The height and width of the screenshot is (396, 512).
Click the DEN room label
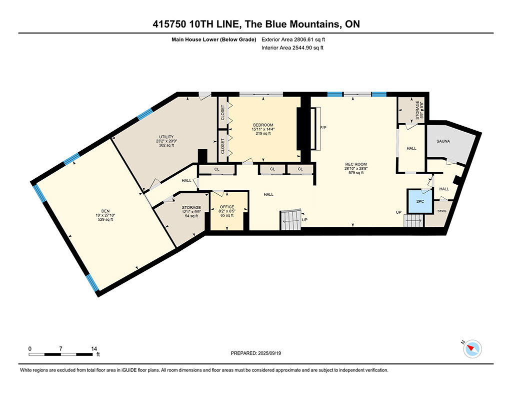click(105, 211)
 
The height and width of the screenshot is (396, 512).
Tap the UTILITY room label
click(166, 137)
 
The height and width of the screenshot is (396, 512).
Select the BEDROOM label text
click(263, 125)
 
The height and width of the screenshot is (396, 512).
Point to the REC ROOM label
click(356, 165)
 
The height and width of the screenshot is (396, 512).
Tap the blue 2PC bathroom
click(420, 201)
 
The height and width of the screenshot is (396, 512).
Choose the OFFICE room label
click(227, 207)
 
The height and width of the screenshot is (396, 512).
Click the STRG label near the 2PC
click(442, 211)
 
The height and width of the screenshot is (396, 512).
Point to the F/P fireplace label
click(323, 128)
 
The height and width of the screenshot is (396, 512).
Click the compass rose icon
click(472, 349)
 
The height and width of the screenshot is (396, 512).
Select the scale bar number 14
click(94, 349)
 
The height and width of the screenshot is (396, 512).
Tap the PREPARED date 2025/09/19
click(269, 353)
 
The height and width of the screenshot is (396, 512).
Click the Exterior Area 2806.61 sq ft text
click(293, 40)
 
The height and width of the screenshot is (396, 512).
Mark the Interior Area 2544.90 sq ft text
click(292, 48)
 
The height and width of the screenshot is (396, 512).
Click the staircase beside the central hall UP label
click(290, 220)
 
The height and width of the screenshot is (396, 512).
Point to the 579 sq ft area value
click(356, 173)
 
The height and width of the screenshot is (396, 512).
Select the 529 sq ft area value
click(105, 219)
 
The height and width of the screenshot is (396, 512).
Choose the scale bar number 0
click(30, 349)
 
